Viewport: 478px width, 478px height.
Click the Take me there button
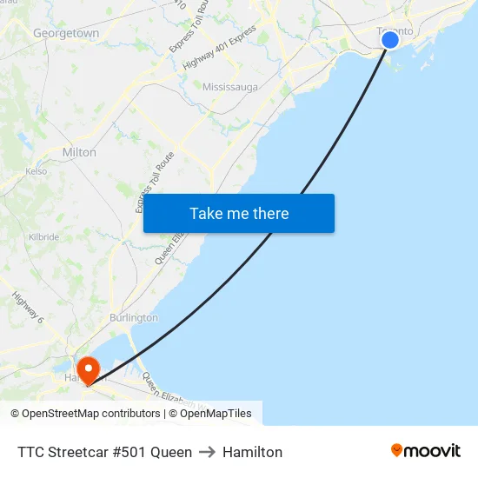click(239, 214)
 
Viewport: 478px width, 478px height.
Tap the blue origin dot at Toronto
click(390, 40)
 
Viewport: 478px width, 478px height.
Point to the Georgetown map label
click(66, 33)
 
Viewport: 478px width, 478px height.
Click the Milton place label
click(79, 152)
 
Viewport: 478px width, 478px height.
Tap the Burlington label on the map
click(134, 318)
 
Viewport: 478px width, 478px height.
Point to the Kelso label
click(37, 171)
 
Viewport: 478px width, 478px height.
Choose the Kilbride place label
click(43, 236)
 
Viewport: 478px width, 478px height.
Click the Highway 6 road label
click(28, 307)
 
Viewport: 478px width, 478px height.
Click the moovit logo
click(426, 450)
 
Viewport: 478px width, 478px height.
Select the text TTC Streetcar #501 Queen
click(104, 452)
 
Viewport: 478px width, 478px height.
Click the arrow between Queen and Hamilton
click(207, 452)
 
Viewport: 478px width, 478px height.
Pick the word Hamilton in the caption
click(252, 452)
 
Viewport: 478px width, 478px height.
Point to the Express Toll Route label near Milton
click(156, 183)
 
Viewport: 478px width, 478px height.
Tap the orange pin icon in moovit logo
click(397, 450)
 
